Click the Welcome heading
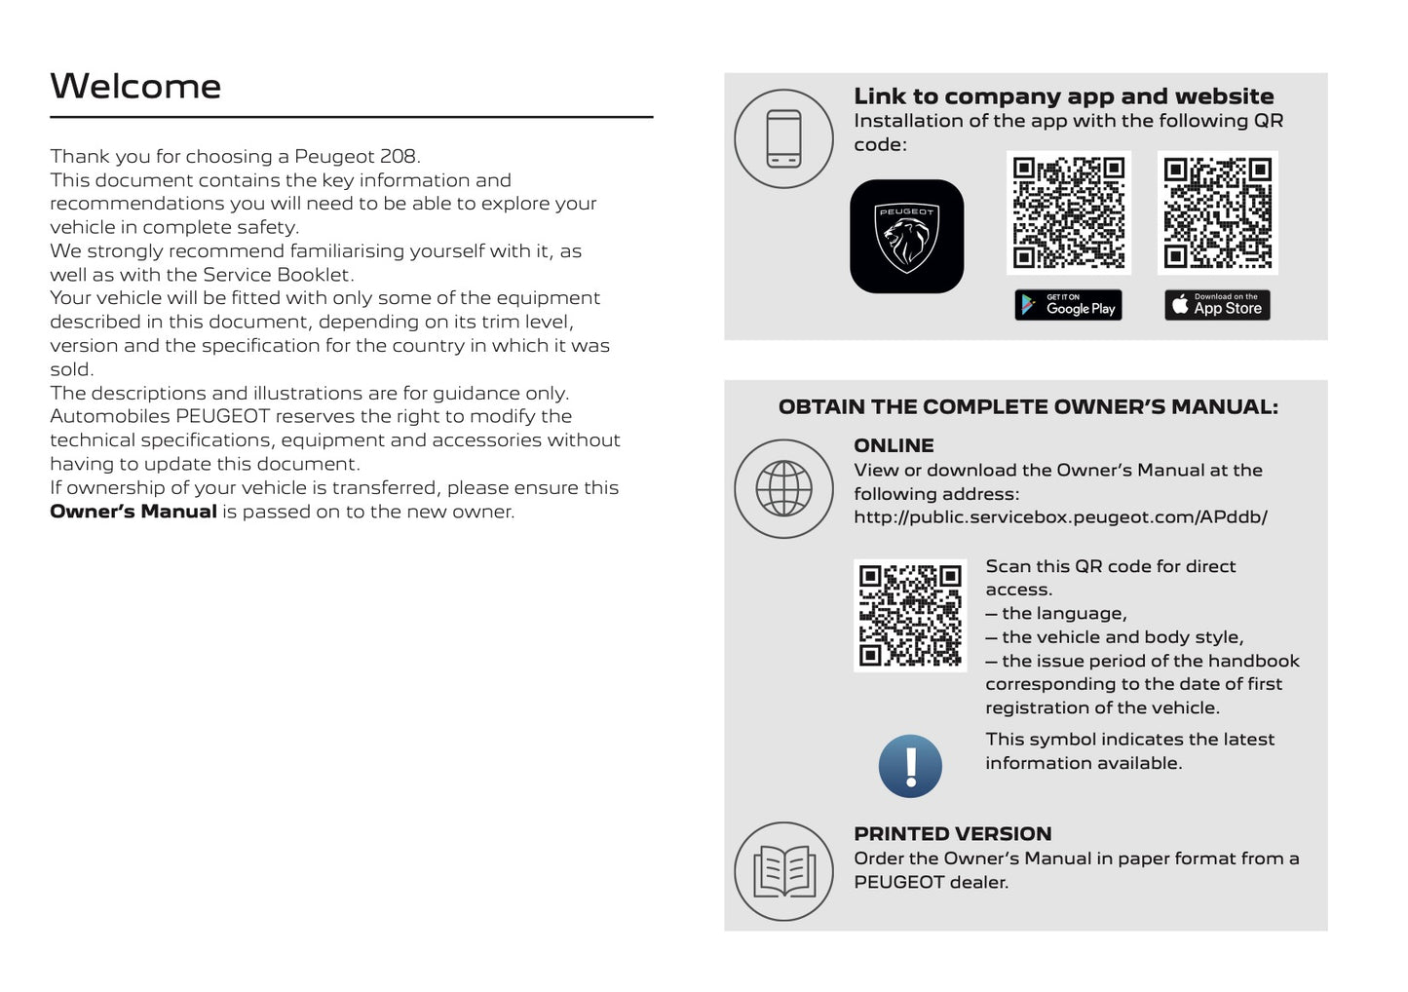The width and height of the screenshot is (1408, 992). tap(135, 87)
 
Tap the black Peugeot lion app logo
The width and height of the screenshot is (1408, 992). tap(906, 236)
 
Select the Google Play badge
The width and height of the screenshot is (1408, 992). tap(1068, 305)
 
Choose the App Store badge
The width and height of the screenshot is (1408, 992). tap(1217, 305)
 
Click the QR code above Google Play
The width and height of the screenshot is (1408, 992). tap(1068, 212)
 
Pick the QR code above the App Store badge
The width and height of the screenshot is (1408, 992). tap(1217, 212)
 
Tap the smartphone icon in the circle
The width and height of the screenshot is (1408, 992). tap(783, 138)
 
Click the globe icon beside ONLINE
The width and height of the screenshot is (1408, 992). tap(783, 488)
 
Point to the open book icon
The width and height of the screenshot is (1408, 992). tap(783, 871)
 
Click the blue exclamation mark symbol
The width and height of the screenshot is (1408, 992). tap(910, 766)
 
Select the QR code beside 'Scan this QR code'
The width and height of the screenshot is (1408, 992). tap(910, 615)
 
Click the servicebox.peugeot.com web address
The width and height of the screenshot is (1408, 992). tap(1060, 517)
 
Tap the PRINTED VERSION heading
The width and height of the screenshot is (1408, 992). tap(952, 834)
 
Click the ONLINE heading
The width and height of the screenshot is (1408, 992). tap(894, 445)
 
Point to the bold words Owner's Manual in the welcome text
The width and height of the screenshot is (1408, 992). tap(133, 512)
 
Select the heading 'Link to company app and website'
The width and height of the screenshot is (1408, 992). tap(1063, 96)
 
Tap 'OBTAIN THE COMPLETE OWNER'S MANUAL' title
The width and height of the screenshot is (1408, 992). tap(1028, 407)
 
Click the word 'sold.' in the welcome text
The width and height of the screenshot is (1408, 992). tap(71, 369)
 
